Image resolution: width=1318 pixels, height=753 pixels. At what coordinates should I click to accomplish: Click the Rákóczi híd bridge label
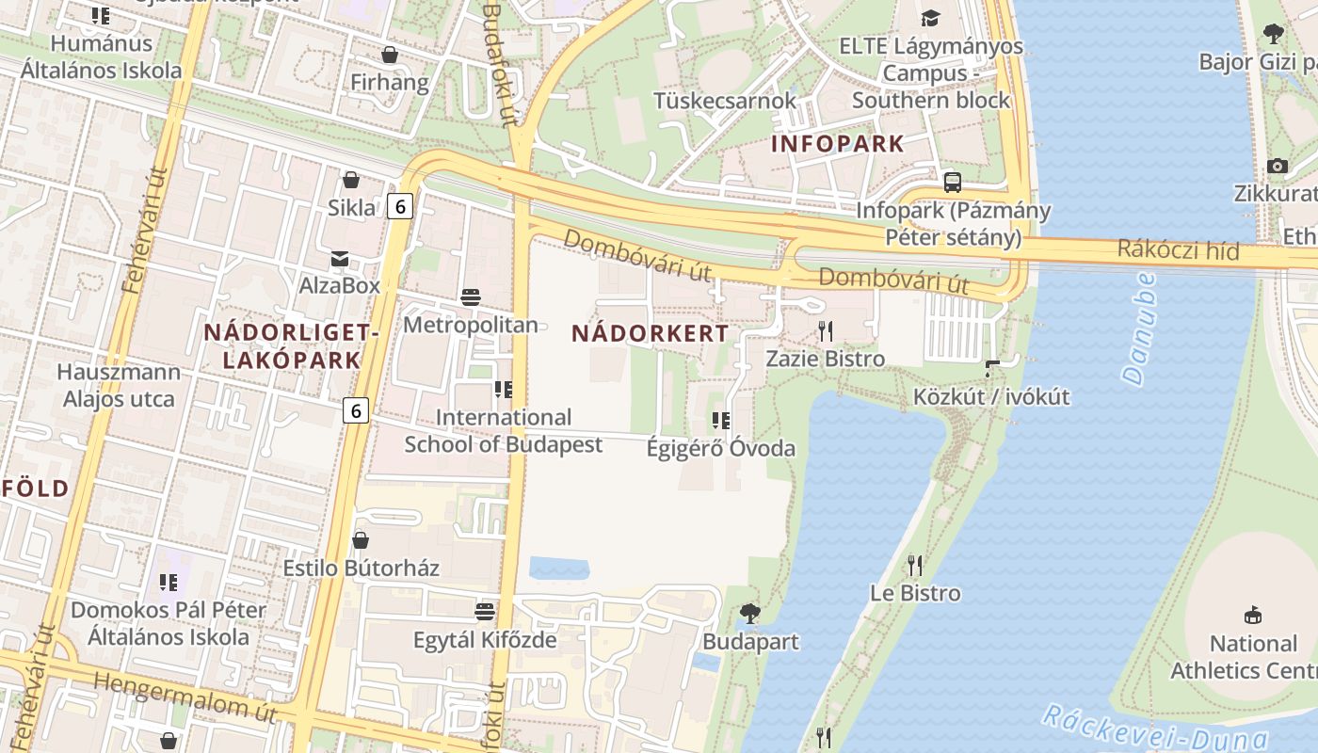1179,250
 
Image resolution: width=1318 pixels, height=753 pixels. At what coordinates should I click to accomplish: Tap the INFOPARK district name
838,144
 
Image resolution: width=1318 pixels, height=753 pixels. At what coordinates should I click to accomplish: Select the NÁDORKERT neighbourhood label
650,333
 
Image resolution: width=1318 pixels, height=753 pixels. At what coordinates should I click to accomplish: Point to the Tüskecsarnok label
725,100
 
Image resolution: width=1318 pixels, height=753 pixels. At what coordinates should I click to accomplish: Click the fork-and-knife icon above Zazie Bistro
826,330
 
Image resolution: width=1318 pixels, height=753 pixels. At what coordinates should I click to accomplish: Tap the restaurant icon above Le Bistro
914,565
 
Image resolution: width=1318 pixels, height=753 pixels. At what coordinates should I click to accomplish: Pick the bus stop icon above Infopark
953,182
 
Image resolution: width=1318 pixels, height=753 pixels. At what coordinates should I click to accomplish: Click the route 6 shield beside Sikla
400,206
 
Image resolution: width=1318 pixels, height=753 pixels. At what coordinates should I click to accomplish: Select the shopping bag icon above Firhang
389,55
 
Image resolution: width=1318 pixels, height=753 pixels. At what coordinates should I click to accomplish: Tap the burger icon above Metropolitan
471,297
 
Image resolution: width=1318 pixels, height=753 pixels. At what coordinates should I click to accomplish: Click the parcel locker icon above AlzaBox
339,258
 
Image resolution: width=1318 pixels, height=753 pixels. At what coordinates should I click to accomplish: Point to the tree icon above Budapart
750,614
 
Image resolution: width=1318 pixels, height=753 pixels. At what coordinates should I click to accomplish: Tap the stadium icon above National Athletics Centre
1253,616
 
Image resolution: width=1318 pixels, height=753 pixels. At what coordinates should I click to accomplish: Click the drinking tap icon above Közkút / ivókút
991,367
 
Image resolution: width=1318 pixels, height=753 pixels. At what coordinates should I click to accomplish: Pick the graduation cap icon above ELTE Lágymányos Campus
930,18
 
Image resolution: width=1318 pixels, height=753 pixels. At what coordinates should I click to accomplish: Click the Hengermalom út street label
186,697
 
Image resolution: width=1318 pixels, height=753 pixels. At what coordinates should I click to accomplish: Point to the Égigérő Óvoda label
720,448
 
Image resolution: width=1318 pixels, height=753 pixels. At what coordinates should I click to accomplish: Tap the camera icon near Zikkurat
1277,166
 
